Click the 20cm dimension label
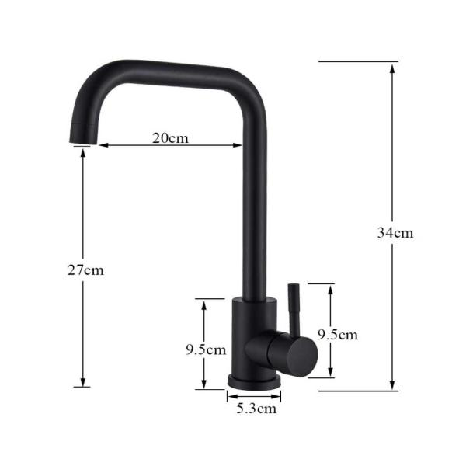[x=170, y=138]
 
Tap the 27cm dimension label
[x=86, y=270]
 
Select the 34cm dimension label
[x=395, y=233]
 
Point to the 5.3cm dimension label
[x=256, y=409]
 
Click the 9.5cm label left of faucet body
[x=206, y=349]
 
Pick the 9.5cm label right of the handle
[x=338, y=335]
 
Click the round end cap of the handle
[x=305, y=356]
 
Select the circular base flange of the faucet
[x=254, y=381]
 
